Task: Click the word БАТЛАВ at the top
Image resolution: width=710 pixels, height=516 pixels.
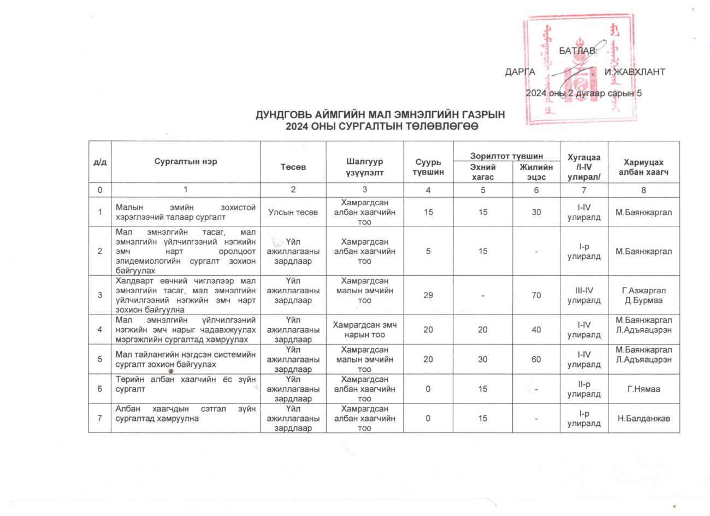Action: click(578, 51)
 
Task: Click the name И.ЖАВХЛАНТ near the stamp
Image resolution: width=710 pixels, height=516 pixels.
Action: click(634, 72)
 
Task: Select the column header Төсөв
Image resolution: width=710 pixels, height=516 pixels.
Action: click(293, 167)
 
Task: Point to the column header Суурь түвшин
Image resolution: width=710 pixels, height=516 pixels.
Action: click(428, 167)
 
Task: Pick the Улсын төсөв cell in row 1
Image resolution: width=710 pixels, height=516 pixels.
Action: click(293, 212)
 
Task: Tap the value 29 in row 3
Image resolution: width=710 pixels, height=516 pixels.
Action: click(428, 295)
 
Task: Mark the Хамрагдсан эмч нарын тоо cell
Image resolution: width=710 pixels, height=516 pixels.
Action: click(364, 330)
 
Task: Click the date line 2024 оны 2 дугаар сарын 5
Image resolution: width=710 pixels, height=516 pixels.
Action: click(583, 93)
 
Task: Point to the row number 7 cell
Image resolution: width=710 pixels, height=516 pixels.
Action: click(99, 418)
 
